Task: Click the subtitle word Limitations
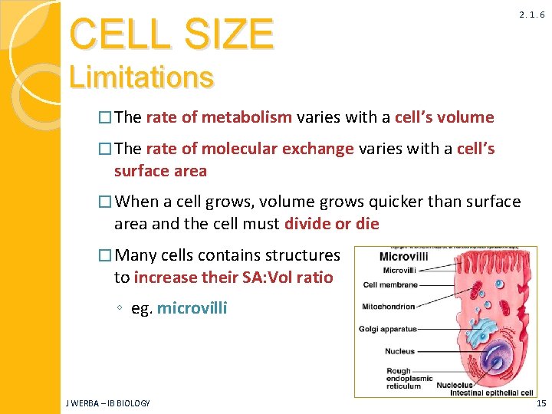click(141, 77)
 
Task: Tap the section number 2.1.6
click(531, 15)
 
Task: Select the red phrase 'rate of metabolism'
click(219, 117)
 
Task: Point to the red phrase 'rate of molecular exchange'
click(250, 148)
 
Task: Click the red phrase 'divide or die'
click(331, 224)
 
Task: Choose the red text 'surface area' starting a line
click(160, 170)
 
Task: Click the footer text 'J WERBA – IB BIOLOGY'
click(107, 402)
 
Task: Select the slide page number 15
click(541, 402)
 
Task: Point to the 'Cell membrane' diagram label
click(390, 284)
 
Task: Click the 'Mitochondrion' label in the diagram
click(389, 307)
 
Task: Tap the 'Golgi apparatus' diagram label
click(388, 329)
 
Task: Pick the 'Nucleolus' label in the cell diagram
click(454, 386)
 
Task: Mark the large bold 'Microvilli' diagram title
click(405, 258)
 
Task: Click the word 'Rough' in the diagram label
click(398, 371)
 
